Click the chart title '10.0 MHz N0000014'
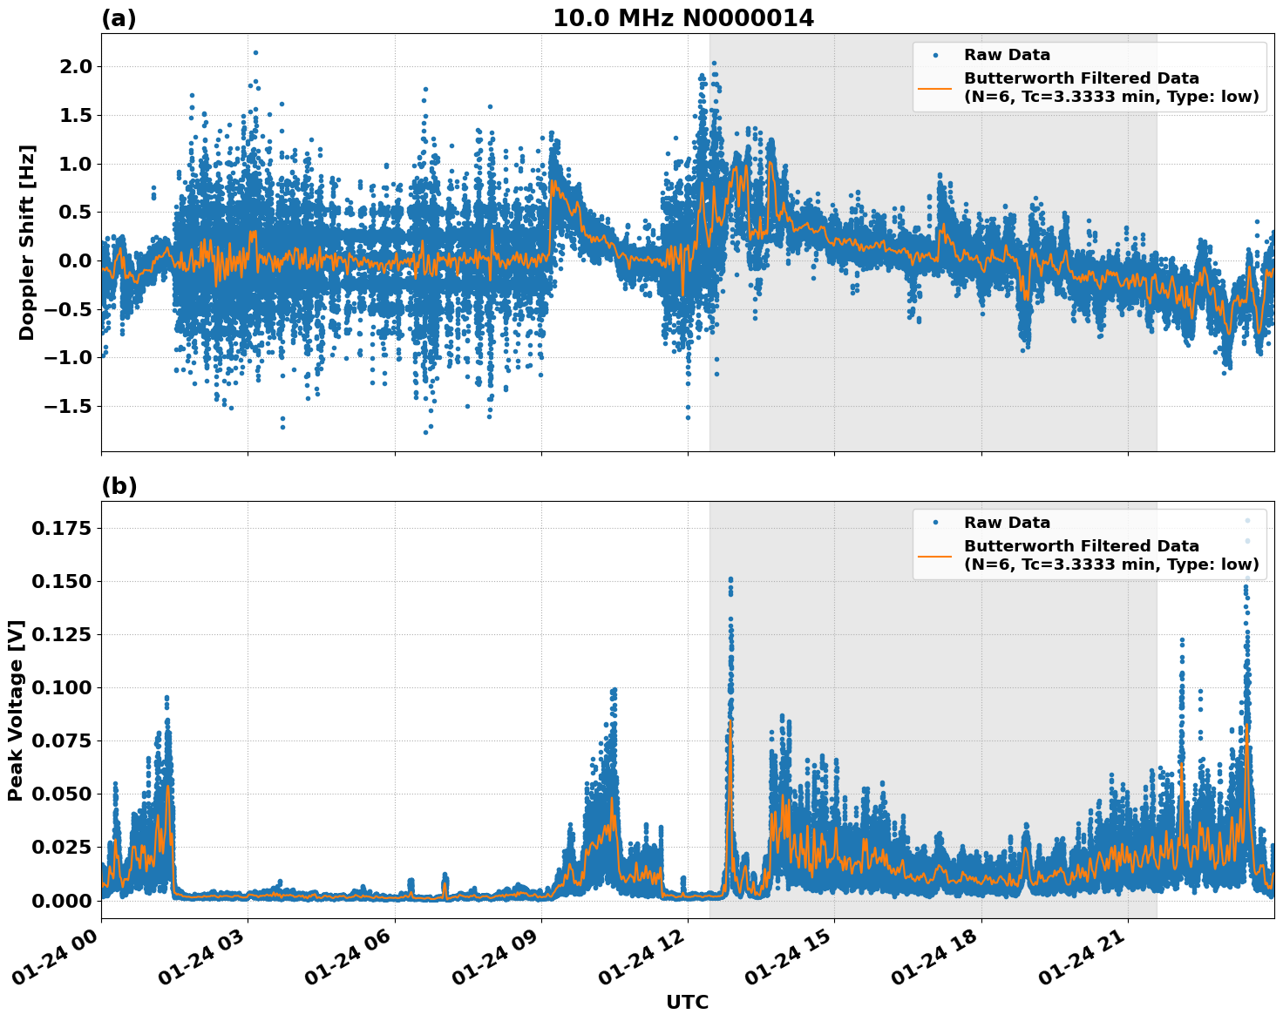point(683,18)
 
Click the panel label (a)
point(119,18)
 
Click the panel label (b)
point(119,486)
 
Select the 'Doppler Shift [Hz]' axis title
point(27,242)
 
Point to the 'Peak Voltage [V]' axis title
point(15,710)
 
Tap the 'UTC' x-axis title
point(687,1002)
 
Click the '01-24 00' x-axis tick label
point(61,963)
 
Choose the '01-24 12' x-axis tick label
point(648,963)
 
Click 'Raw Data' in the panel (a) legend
point(1007,55)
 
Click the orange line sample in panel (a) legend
point(934,88)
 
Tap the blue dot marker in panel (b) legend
point(934,523)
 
